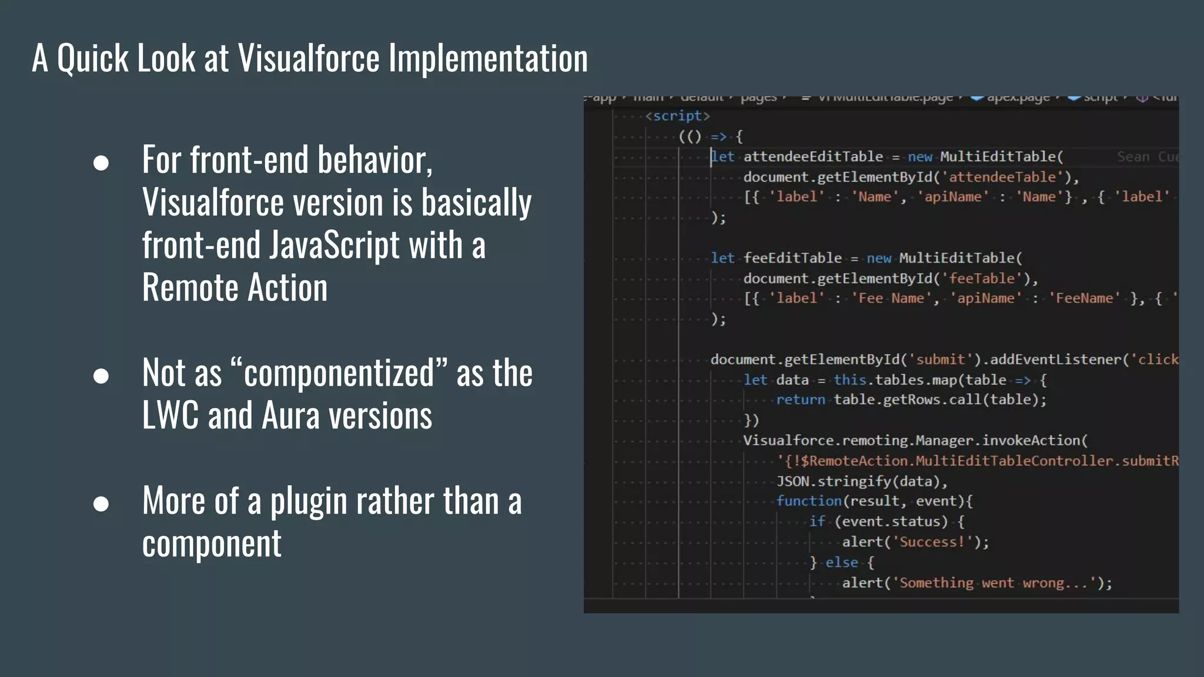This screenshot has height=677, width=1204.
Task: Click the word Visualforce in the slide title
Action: [309, 58]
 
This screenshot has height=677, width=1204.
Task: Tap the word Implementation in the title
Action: [488, 58]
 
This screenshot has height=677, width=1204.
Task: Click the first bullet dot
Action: [101, 163]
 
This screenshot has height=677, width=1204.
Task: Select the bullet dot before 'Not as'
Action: [101, 376]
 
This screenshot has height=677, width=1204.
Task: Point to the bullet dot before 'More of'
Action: [101, 504]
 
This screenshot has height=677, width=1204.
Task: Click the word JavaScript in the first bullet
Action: [335, 245]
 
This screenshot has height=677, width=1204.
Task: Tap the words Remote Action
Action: [235, 287]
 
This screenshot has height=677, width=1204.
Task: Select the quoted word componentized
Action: [339, 373]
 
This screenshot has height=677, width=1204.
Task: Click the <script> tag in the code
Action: [677, 116]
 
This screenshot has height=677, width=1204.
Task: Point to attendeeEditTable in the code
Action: [813, 157]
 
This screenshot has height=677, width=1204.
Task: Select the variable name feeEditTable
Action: [792, 258]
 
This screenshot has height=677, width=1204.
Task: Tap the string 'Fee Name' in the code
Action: [891, 299]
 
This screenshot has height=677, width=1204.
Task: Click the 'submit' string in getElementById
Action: [941, 360]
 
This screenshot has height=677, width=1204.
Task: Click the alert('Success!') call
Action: [915, 542]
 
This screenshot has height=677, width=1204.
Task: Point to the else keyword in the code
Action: [841, 562]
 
